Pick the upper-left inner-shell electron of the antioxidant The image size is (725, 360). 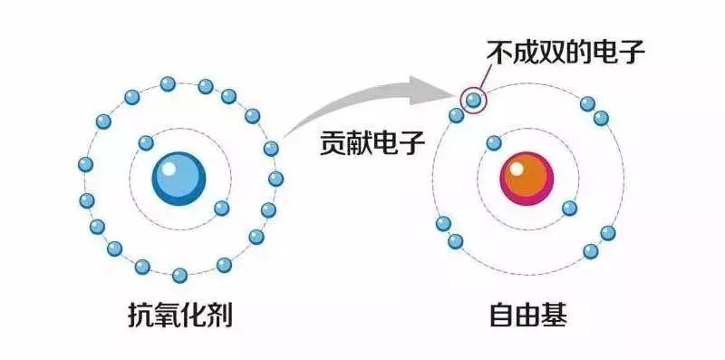pos(146,142)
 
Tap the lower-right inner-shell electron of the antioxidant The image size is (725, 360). pos(221,208)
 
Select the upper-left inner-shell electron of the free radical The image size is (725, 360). pos(494,142)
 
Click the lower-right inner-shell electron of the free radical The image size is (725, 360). pos(569,208)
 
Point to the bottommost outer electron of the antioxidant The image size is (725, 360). pos(179,275)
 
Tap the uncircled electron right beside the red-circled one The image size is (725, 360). pos(457,115)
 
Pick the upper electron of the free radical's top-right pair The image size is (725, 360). pos(587,103)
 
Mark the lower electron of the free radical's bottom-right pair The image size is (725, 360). pos(591,250)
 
